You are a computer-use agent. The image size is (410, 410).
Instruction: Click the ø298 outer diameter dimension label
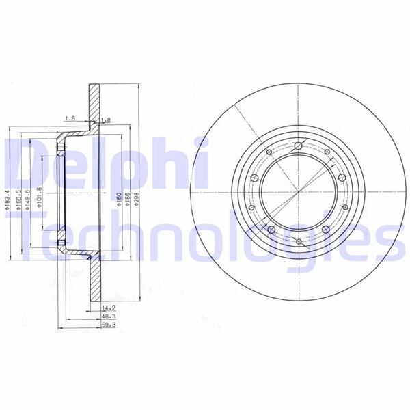[x=137, y=199]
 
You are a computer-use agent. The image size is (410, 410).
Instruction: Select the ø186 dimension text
[x=128, y=199]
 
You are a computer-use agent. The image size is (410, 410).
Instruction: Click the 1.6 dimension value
[x=70, y=119]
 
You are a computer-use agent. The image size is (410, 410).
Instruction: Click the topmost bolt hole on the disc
[x=299, y=145]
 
